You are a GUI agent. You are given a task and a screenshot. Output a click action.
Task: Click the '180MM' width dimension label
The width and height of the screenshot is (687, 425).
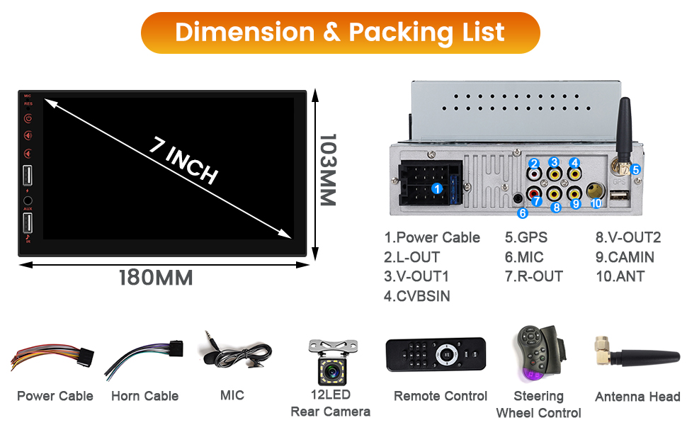[156, 278]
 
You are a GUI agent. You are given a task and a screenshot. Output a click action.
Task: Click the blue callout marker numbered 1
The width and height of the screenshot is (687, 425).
[438, 188]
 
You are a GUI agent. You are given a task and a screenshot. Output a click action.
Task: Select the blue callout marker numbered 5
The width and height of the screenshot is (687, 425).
[636, 170]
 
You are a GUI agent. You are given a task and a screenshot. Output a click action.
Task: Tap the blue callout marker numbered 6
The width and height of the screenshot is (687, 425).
[523, 212]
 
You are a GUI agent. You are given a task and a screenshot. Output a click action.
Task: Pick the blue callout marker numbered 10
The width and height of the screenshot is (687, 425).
[596, 203]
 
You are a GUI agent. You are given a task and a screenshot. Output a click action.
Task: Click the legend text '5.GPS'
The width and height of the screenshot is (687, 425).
[526, 238]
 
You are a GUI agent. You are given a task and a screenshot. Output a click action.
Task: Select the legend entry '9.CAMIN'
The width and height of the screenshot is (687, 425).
[625, 257]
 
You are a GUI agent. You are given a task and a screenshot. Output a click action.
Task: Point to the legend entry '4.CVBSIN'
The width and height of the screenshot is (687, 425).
[417, 296]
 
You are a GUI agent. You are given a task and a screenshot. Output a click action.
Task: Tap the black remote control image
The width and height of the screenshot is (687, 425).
[436, 354]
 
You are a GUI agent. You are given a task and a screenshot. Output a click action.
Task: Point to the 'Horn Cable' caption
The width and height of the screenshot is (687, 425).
[144, 396]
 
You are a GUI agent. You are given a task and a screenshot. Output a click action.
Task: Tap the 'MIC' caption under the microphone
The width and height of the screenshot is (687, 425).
[232, 395]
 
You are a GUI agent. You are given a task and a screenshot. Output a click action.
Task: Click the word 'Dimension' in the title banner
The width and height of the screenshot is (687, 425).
[244, 32]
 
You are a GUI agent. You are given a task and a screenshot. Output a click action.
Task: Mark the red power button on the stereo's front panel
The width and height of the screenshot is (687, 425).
[28, 119]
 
